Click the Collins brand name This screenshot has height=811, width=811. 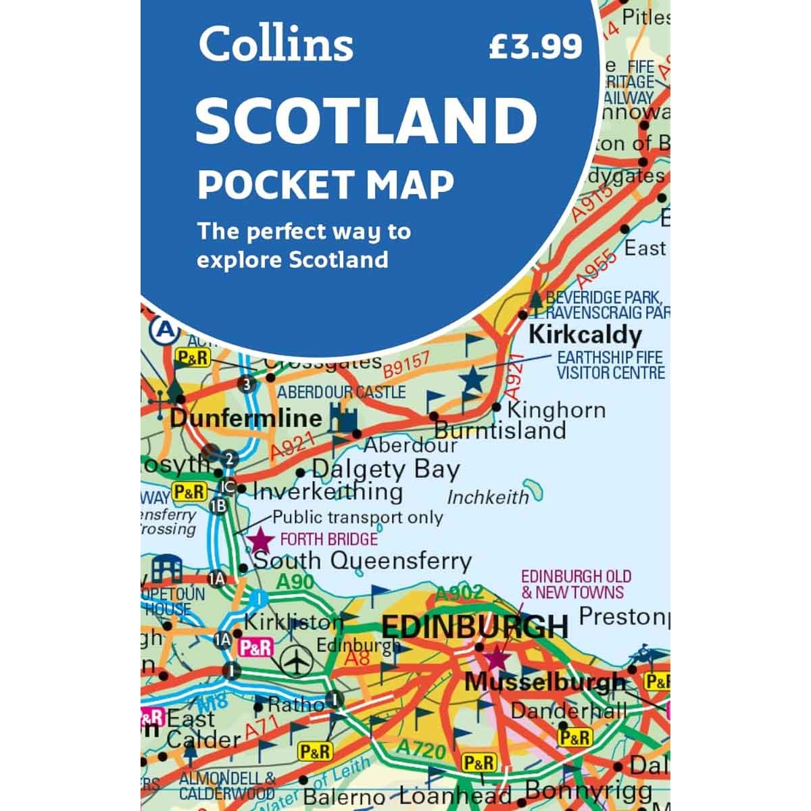coord(276,44)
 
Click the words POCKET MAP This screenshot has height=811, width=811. coord(325,184)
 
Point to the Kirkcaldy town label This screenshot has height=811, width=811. coord(585,335)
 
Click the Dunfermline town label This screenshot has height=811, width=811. coord(246,417)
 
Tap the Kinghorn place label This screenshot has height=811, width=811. coord(556,410)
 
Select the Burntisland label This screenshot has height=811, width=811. coord(499,430)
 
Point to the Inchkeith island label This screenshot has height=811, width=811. coord(488,497)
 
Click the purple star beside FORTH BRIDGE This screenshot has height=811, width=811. coord(260,540)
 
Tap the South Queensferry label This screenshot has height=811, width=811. coord(362,560)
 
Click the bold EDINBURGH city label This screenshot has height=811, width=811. coord(474,626)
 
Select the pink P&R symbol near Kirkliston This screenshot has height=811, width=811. coord(255,647)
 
